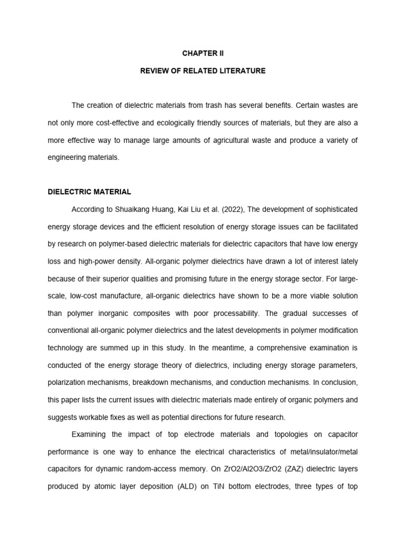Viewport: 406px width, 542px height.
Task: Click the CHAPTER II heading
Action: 203,53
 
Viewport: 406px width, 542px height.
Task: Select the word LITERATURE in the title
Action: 241,70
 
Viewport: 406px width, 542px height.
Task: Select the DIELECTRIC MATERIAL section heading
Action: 89,192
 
